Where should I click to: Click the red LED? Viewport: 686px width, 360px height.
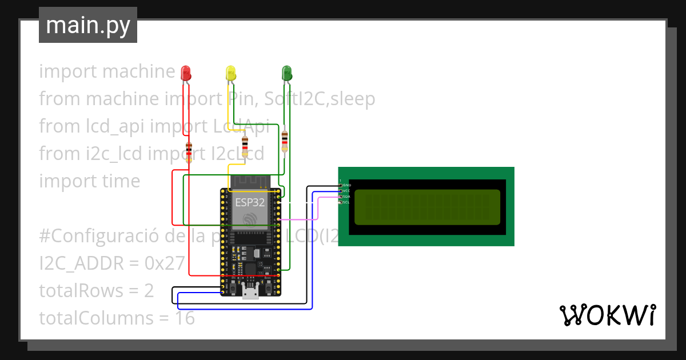click(186, 73)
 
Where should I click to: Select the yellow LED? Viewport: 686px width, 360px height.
click(230, 73)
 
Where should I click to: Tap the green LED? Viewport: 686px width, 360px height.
click(286, 73)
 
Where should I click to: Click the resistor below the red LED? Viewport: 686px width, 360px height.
click(189, 153)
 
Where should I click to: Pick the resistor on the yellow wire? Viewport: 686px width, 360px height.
click(245, 146)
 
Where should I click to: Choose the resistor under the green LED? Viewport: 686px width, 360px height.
click(285, 141)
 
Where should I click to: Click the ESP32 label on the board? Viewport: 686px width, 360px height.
click(250, 202)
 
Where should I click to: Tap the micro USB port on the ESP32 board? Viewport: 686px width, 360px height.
click(249, 293)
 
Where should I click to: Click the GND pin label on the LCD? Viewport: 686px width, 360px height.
click(346, 186)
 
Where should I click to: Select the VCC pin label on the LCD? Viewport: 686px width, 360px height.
click(346, 191)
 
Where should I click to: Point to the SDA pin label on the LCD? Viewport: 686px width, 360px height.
click(346, 197)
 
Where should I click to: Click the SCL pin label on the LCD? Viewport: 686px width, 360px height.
click(346, 202)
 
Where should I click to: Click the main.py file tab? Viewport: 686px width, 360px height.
click(88, 25)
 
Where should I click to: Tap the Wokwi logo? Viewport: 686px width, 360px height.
click(607, 315)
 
